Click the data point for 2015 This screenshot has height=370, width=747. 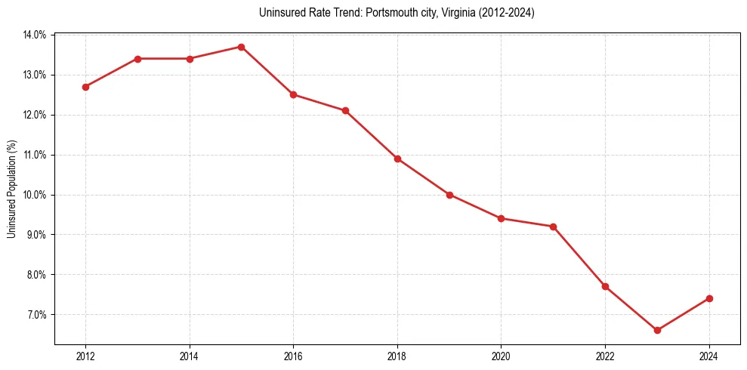click(241, 47)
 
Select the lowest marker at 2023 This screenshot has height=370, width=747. click(657, 330)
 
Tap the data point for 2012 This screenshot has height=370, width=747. click(85, 87)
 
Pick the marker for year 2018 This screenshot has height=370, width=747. click(397, 159)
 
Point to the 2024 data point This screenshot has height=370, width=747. click(709, 298)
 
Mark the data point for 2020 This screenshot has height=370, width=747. click(502, 218)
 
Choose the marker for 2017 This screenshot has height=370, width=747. click(345, 110)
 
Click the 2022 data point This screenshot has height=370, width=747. click(605, 286)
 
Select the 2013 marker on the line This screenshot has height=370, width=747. click(137, 59)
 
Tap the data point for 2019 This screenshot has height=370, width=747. click(449, 195)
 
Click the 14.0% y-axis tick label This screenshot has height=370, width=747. click(35, 35)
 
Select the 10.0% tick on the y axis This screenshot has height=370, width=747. click(35, 195)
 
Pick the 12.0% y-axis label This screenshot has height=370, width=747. click(35, 115)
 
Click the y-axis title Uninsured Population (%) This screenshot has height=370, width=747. click(11, 188)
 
